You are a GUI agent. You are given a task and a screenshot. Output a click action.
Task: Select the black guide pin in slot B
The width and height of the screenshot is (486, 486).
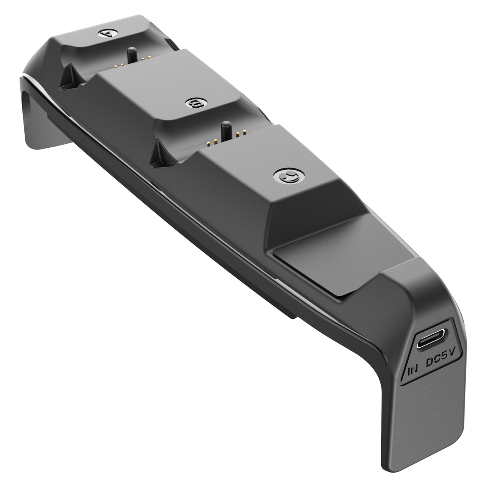pos(226,131)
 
